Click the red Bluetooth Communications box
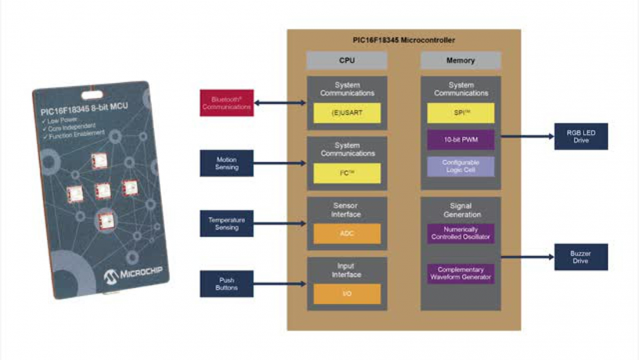click(x=227, y=103)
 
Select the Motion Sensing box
click(x=227, y=163)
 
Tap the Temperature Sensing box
click(x=227, y=224)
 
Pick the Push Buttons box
click(x=227, y=283)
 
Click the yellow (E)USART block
click(x=346, y=113)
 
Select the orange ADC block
click(x=346, y=233)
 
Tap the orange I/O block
click(x=346, y=293)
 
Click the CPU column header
click(x=346, y=60)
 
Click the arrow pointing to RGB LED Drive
click(x=526, y=135)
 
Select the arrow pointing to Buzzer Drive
click(x=526, y=256)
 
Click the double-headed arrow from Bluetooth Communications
click(x=280, y=103)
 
